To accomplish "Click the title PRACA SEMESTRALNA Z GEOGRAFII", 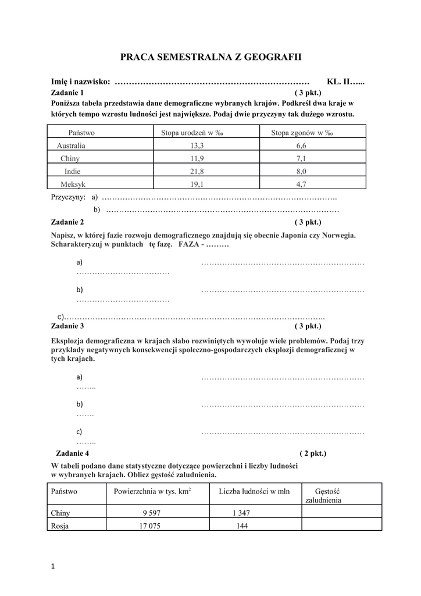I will point(211,57).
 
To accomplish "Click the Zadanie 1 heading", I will point(67,93).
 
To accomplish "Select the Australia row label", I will point(71,146).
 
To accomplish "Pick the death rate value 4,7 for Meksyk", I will point(301,184).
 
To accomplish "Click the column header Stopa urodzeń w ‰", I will point(192,133).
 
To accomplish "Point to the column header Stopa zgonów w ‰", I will point(302,133).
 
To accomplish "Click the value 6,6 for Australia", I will point(301,146).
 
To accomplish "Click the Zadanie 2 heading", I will point(67,222).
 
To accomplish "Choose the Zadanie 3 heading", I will point(67,326).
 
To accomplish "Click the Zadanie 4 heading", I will point(73,453).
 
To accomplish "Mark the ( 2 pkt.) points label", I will point(313,453).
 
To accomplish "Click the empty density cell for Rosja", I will point(341,526).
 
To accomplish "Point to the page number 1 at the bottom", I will point(53,568).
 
